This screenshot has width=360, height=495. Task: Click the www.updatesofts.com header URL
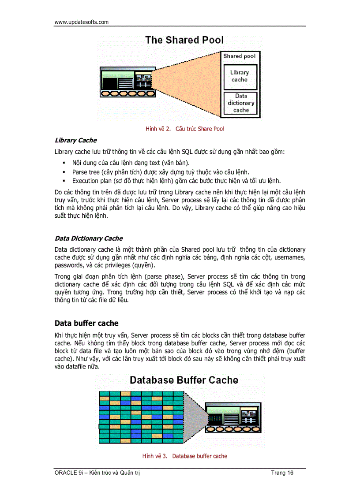81,22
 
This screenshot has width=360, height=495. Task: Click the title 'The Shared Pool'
184,40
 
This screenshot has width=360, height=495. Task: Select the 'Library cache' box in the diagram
240,76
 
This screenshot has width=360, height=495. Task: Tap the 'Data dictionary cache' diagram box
241,103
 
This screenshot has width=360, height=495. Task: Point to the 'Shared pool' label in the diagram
239,56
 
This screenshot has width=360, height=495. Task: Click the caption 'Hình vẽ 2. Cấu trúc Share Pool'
184,129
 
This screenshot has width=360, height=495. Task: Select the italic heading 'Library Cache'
75,141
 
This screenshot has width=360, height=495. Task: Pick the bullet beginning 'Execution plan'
176,181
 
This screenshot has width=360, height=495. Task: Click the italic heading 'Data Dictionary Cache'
89,238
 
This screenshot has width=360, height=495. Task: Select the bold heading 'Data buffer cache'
86,323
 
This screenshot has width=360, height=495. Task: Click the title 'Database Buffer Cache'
184,380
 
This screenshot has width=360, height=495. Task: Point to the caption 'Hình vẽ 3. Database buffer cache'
184,456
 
